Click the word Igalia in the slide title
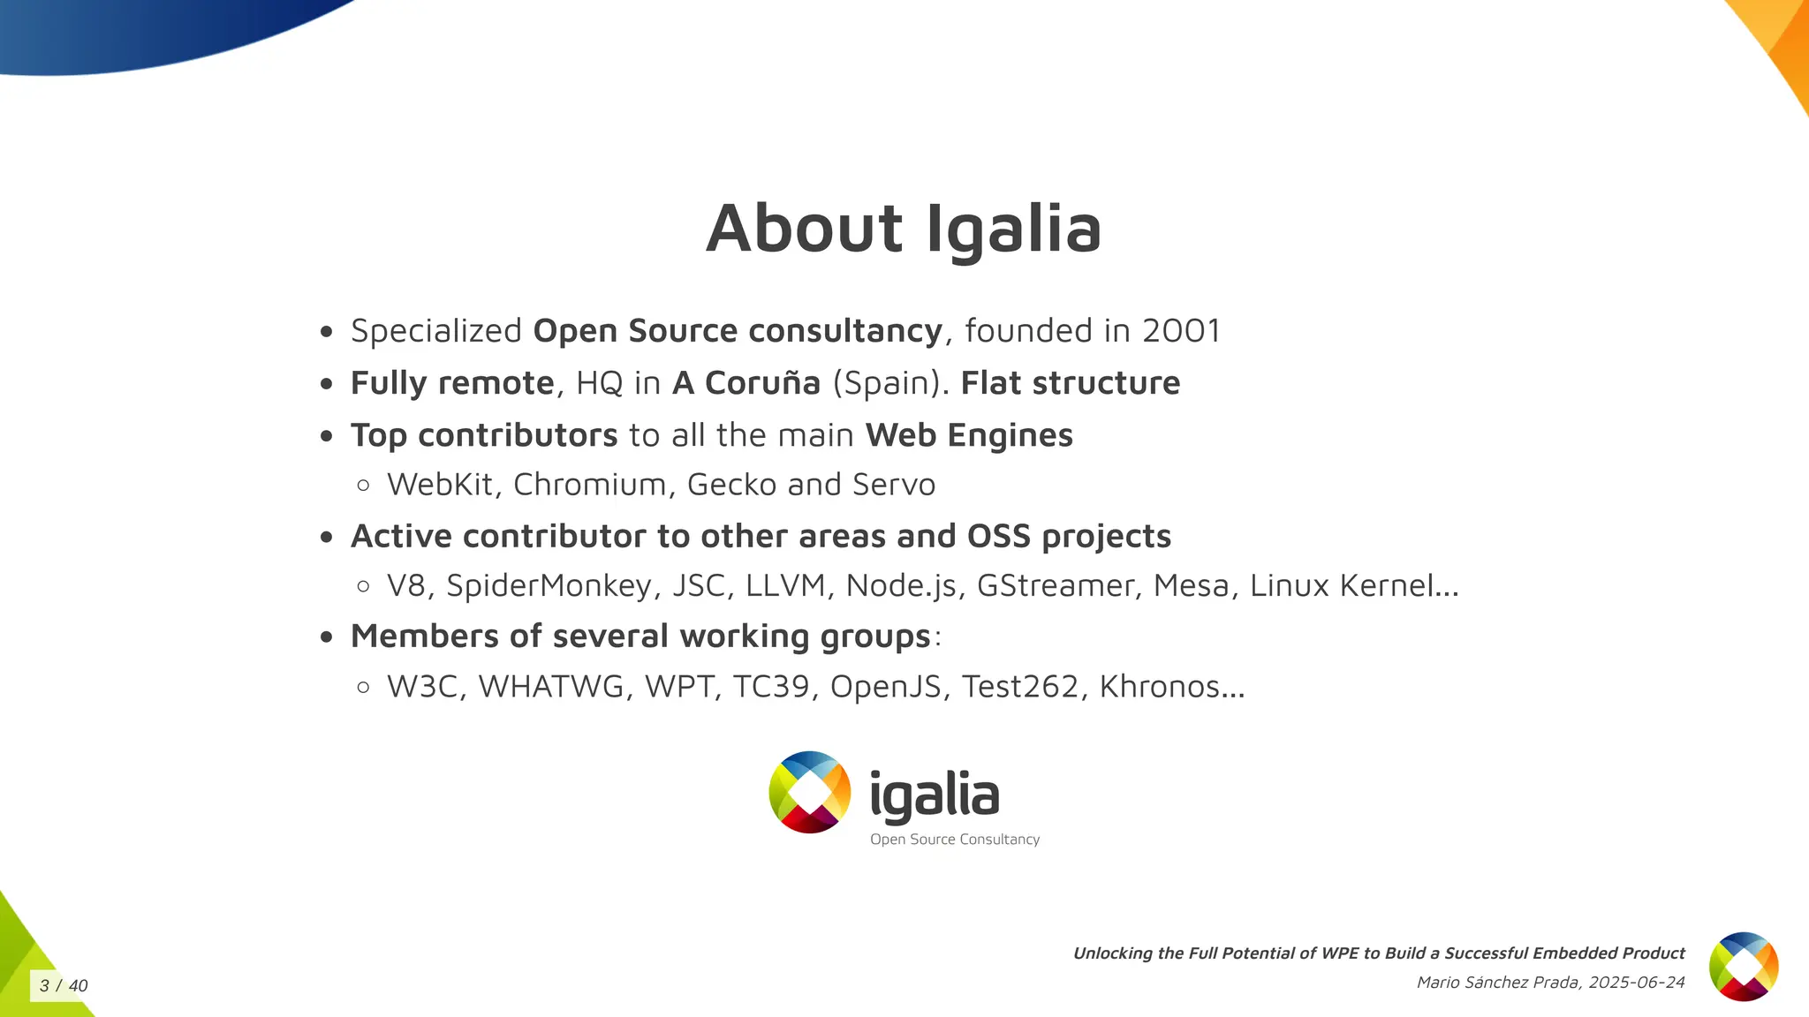point(1014,229)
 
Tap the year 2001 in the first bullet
point(1181,331)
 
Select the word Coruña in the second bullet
point(762,383)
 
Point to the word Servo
point(894,485)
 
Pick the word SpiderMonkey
point(549,585)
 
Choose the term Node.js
point(901,585)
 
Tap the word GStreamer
point(1056,585)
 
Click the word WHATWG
point(551,687)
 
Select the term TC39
point(771,687)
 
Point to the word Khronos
point(1170,687)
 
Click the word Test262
point(1020,687)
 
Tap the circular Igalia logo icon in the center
point(810,792)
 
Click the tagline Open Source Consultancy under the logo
point(955,840)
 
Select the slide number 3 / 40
point(64,986)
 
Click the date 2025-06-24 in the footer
point(1637,983)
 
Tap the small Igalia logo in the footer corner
point(1744,967)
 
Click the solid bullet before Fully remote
point(327,384)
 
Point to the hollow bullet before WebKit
point(363,485)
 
